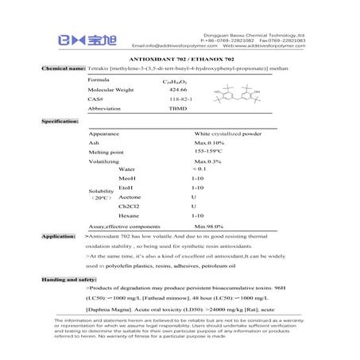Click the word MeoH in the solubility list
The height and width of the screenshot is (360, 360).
click(x=127, y=180)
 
